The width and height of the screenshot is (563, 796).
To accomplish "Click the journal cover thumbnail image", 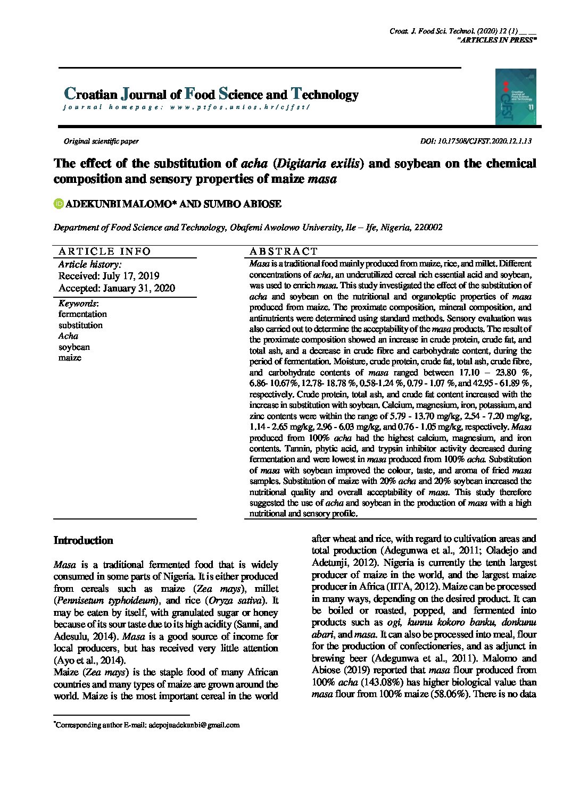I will click(515, 97).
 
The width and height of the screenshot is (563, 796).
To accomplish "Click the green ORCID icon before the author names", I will click(59, 204).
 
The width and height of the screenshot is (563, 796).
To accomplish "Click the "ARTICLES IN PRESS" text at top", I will click(497, 40).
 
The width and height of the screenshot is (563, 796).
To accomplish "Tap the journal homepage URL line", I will click(186, 107).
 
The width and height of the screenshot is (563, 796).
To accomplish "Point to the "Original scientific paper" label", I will click(101, 141).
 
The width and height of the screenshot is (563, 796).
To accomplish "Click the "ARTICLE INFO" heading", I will click(105, 252).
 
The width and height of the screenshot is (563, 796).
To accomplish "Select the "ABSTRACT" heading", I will click(284, 252).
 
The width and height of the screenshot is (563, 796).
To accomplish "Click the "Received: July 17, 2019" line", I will click(109, 276).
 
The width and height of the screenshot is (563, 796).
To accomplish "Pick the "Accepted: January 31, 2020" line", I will click(117, 288).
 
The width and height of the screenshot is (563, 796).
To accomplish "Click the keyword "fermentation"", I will click(82, 314).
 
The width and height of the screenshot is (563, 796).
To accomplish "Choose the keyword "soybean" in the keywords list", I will click(74, 347).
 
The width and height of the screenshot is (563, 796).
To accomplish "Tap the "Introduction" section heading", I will click(84, 541).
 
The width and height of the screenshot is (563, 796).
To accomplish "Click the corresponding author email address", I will click(194, 725).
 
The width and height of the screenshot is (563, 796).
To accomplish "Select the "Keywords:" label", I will click(78, 303).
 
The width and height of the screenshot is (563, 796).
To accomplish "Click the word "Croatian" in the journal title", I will click(90, 95).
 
